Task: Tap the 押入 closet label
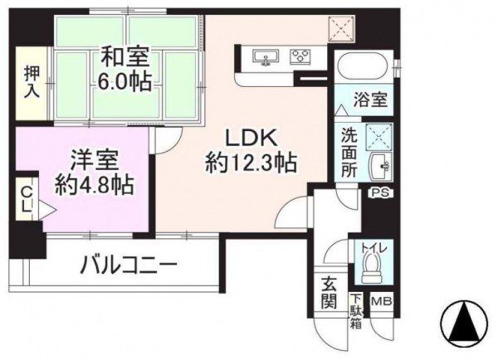point(32,83)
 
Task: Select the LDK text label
point(250,139)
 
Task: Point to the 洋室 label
point(95,161)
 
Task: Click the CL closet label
point(27,200)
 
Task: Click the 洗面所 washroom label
point(349,153)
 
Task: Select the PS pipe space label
point(381,193)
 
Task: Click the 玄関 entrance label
point(329,292)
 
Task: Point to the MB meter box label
point(382,300)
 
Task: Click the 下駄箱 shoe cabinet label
point(356,311)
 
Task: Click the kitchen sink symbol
point(266,57)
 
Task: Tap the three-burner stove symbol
point(300,57)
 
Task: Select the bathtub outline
point(363,68)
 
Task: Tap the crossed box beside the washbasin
point(379,137)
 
